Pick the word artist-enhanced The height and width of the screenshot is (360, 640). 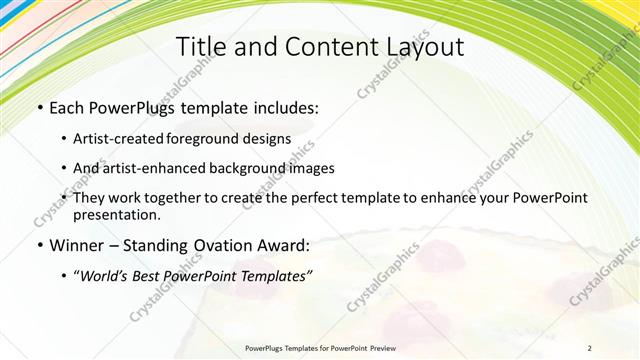[159, 168]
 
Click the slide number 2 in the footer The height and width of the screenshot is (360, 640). [589, 348]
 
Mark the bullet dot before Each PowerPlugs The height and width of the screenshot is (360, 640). [39, 108]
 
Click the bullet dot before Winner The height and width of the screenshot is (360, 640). [39, 245]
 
